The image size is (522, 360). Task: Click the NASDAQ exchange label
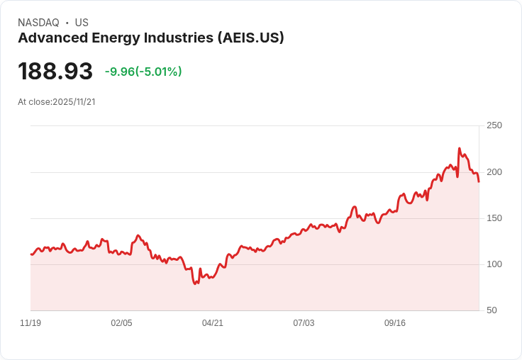click(38, 23)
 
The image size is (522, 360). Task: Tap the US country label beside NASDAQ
click(82, 23)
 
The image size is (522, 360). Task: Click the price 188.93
click(55, 72)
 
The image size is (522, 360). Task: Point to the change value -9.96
click(122, 72)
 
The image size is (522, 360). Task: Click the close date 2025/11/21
click(74, 102)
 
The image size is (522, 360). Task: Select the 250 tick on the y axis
click(494, 125)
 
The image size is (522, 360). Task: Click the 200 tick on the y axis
click(494, 171)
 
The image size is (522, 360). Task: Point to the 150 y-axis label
click(494, 218)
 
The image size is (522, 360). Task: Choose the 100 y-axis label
click(494, 264)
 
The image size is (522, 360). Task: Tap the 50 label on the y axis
click(492, 310)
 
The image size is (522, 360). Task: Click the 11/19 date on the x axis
click(30, 323)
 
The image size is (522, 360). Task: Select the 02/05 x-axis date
click(121, 323)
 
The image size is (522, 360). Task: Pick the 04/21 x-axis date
click(213, 323)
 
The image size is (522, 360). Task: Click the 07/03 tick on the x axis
click(304, 323)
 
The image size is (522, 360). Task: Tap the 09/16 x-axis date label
click(395, 323)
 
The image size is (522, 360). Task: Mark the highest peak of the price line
click(459, 149)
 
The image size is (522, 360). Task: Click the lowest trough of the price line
click(196, 283)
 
